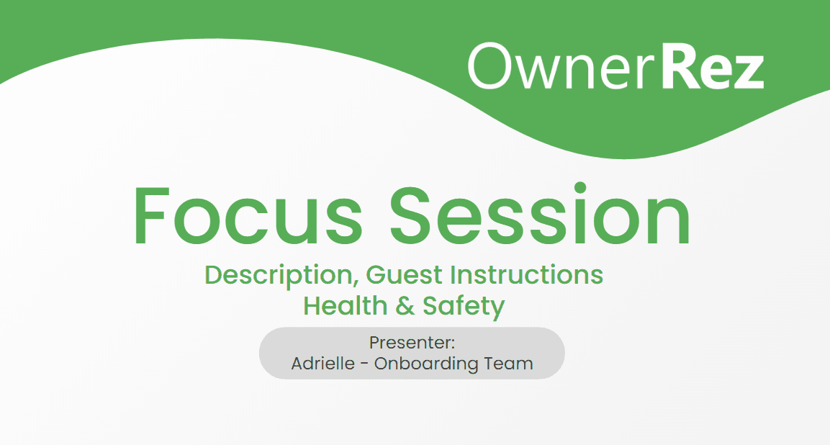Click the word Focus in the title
pyautogui.click(x=248, y=216)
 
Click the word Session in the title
pyautogui.click(x=540, y=214)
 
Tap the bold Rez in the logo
pyautogui.click(x=713, y=66)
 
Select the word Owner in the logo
pyautogui.click(x=563, y=66)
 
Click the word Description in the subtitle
pyautogui.click(x=279, y=276)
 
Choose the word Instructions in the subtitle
pyautogui.click(x=527, y=275)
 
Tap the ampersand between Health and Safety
pyautogui.click(x=405, y=306)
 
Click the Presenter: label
pyautogui.click(x=412, y=343)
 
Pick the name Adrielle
pyautogui.click(x=323, y=364)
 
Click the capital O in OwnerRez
pyautogui.click(x=490, y=66)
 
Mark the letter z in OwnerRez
pyautogui.click(x=747, y=71)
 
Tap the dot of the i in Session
pyautogui.click(x=580, y=188)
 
